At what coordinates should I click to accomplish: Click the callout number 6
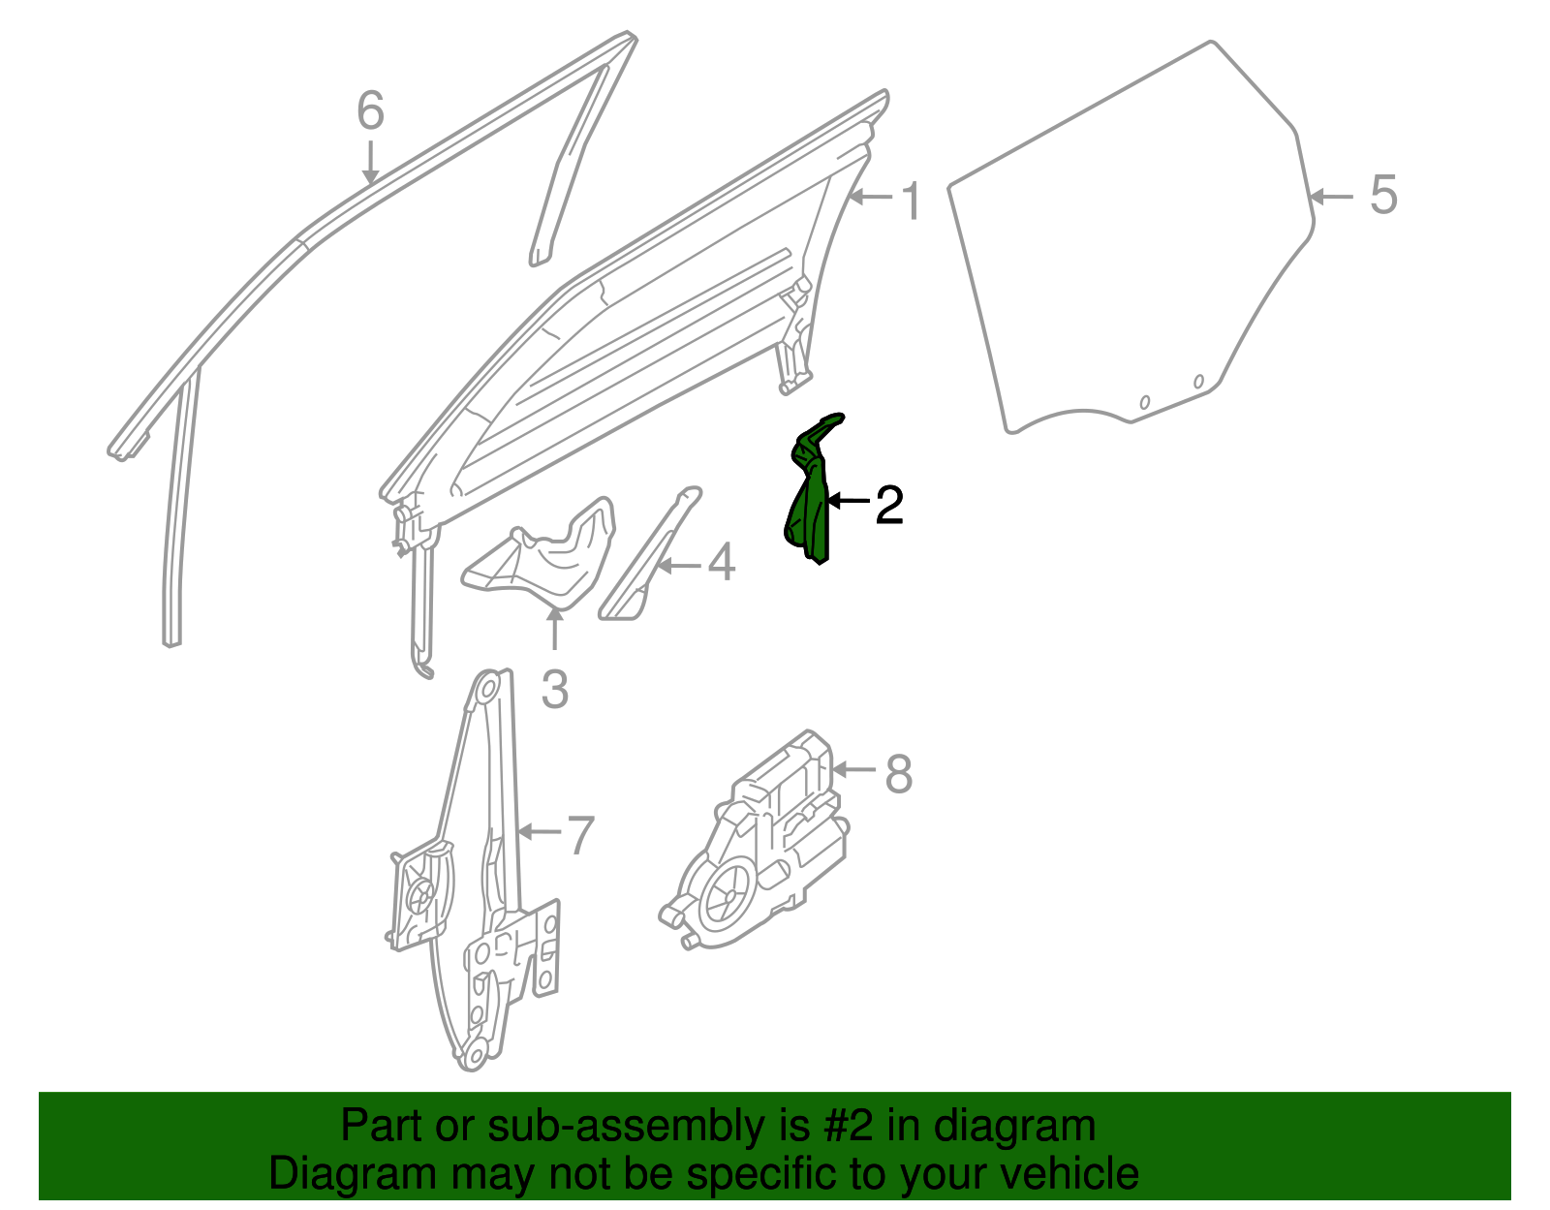point(370,111)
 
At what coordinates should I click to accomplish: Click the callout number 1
point(911,201)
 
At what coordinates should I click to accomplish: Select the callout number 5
point(1383,196)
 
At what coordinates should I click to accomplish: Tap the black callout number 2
point(888,506)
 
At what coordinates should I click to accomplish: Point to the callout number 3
point(554,691)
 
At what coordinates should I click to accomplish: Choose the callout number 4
point(721,563)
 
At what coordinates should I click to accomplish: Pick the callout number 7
point(579,835)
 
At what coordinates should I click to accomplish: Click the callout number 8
point(899,775)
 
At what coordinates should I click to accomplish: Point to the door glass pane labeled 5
point(1133,252)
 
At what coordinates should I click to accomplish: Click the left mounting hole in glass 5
point(1144,401)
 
